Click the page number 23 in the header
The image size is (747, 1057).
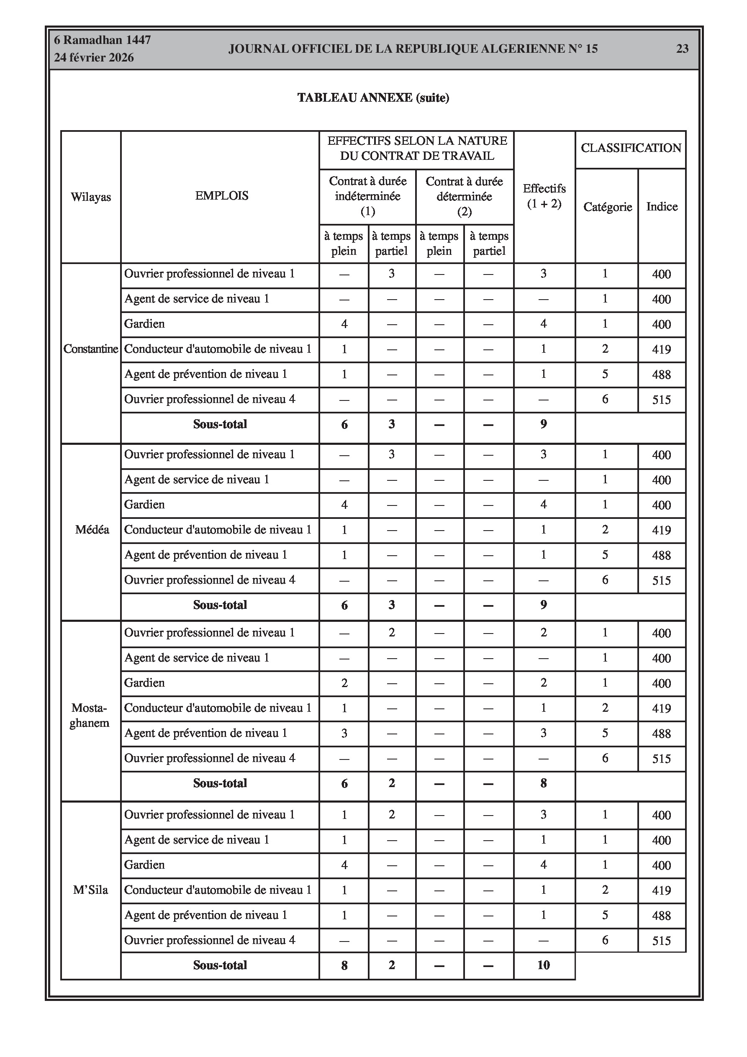tap(682, 49)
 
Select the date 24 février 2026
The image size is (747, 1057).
tap(94, 58)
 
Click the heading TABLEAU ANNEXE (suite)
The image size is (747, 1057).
tap(373, 97)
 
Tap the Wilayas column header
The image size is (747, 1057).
tap(91, 197)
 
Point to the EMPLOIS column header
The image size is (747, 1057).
tap(221, 196)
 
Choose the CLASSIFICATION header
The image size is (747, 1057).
tap(631, 148)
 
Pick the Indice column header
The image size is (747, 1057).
tap(662, 206)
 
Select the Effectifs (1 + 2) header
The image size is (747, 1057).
tap(544, 196)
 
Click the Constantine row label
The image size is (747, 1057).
tap(91, 349)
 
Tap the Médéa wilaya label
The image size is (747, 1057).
tap(92, 529)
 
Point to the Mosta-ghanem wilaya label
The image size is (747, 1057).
tap(89, 716)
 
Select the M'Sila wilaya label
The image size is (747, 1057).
tap(91, 890)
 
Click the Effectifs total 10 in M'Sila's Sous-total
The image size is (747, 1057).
tap(544, 965)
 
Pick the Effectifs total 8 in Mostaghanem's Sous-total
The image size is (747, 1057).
tap(544, 783)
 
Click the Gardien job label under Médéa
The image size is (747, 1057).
tap(144, 505)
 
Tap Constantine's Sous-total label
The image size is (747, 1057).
tap(220, 424)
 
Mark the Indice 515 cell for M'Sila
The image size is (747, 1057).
tap(661, 941)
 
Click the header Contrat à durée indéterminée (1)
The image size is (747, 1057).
tap(367, 196)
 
